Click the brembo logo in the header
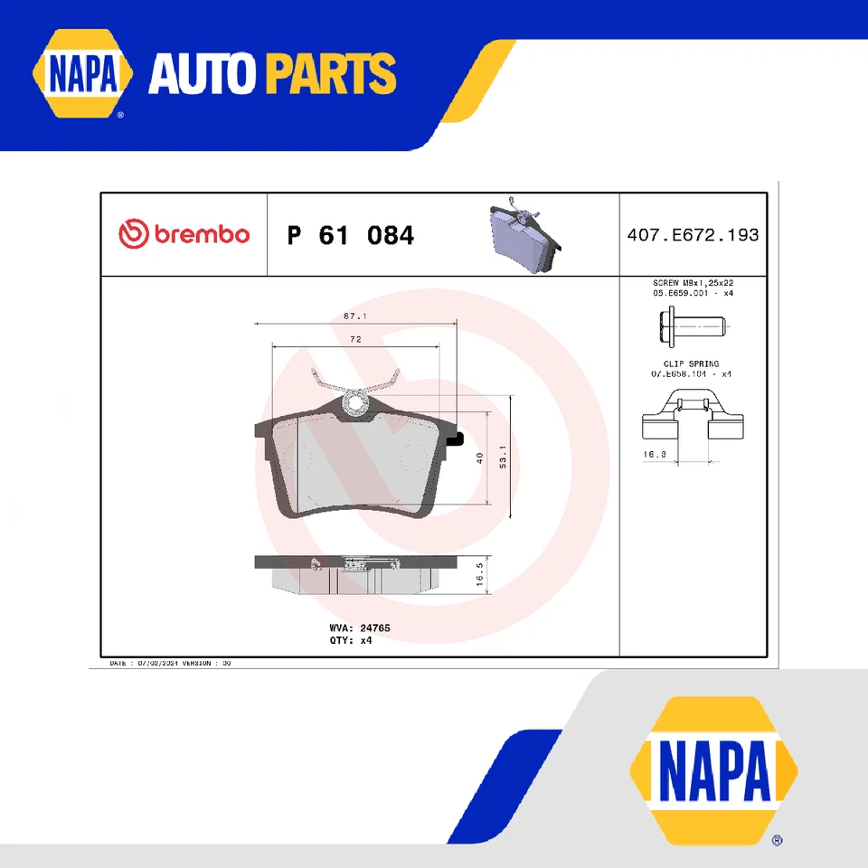click(x=184, y=234)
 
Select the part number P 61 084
click(x=351, y=236)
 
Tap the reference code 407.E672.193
click(x=693, y=235)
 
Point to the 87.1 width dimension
click(x=354, y=316)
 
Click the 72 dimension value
click(x=355, y=339)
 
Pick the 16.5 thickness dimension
click(x=480, y=575)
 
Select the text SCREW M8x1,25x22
click(x=693, y=283)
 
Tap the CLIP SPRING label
click(x=692, y=363)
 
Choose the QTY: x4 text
click(x=351, y=639)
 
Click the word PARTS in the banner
click(x=331, y=74)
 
